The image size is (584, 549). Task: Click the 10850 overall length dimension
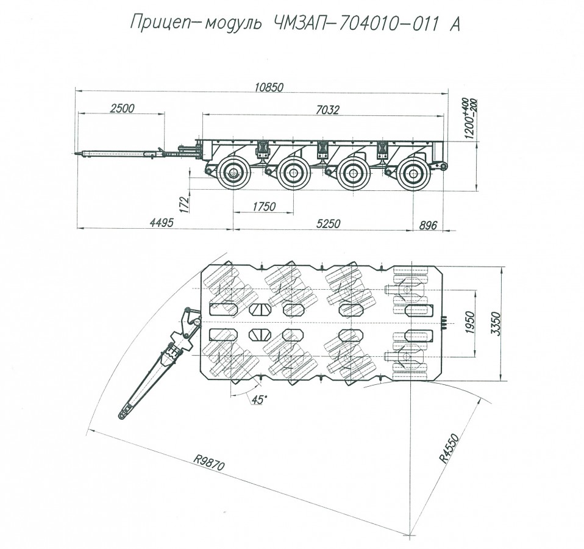pyautogui.click(x=269, y=87)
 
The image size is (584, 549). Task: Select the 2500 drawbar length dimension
pyautogui.click(x=122, y=109)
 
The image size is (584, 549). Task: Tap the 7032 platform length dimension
pyautogui.click(x=327, y=110)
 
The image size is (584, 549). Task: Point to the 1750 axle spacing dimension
pyautogui.click(x=264, y=206)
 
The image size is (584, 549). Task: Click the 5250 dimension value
pyautogui.click(x=328, y=223)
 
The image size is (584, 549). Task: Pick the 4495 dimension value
pyautogui.click(x=162, y=223)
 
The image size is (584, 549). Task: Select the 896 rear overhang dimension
pyautogui.click(x=428, y=225)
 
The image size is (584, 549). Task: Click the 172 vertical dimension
pyautogui.click(x=185, y=204)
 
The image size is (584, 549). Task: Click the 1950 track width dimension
pyautogui.click(x=470, y=322)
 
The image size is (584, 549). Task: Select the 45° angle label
pyautogui.click(x=260, y=400)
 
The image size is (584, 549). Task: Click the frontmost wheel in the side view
pyautogui.click(x=233, y=173)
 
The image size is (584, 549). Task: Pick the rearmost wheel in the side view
pyautogui.click(x=413, y=174)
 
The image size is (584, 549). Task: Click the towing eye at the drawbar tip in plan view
pyautogui.click(x=123, y=414)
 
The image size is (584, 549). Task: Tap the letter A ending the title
pyautogui.click(x=455, y=24)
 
